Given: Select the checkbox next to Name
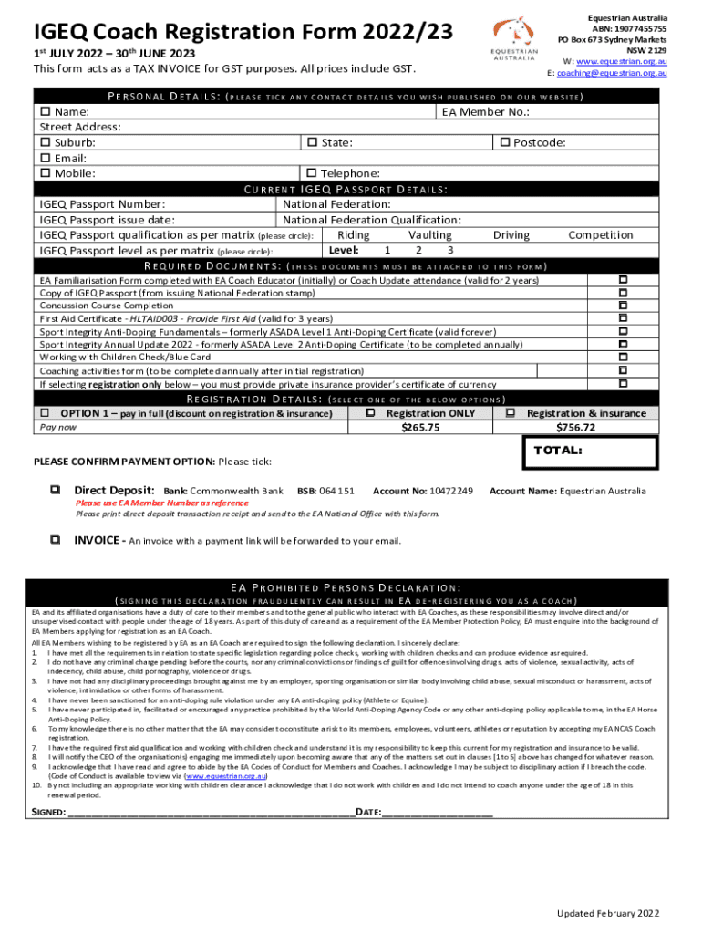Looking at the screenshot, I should click(x=44, y=112).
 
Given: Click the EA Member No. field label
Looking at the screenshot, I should click(x=485, y=112).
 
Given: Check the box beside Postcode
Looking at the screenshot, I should click(x=503, y=142).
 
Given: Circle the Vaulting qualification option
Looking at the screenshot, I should click(x=429, y=235).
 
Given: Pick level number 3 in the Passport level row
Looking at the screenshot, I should click(x=449, y=250).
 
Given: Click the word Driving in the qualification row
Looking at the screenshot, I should click(x=511, y=235).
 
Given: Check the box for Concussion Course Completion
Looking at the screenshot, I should click(x=624, y=306).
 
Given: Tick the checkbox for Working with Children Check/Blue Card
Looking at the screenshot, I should click(x=624, y=358).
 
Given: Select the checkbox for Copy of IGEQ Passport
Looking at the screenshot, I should click(x=624, y=293).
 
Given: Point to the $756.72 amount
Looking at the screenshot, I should click(x=575, y=427).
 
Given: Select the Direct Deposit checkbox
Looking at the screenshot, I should click(x=57, y=491).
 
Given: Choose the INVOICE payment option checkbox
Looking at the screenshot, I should click(x=57, y=540).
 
